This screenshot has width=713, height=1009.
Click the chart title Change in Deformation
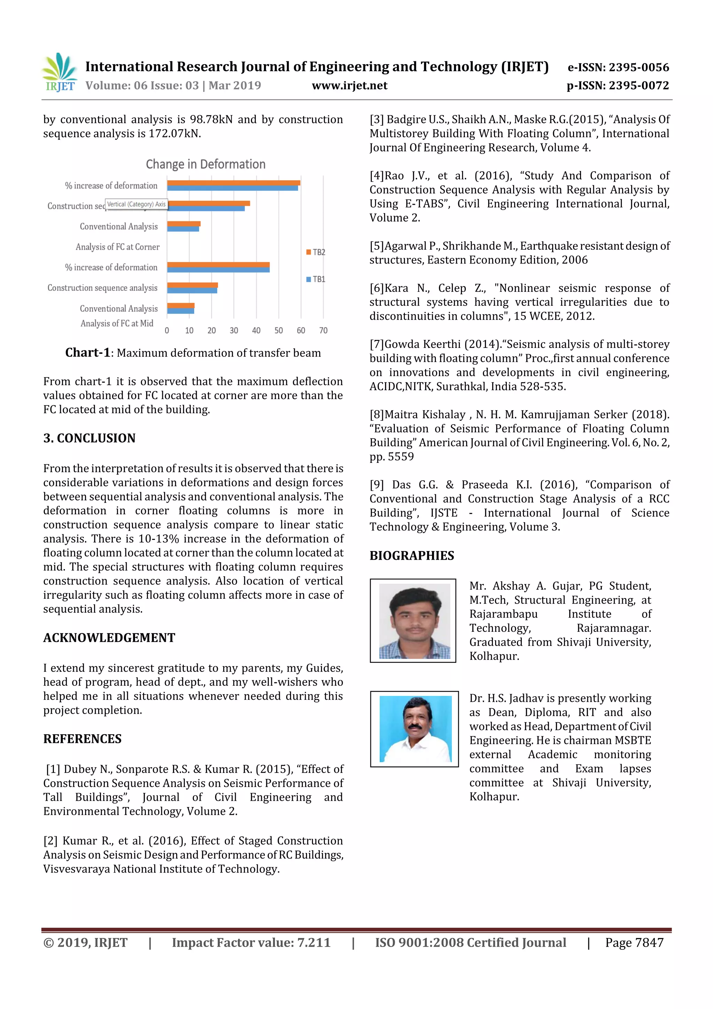pos(206,164)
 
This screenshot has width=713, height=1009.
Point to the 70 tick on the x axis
pos(323,331)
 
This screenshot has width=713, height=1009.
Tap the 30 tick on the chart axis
pos(234,331)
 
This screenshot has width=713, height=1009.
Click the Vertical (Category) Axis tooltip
pos(136,204)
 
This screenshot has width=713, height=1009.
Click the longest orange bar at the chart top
pos(233,183)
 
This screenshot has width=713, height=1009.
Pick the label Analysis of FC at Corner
pos(117,247)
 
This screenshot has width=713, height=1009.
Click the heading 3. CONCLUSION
pos(89,438)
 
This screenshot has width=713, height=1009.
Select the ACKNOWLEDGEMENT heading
pos(109,638)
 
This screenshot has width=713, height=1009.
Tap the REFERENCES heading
pos(82,739)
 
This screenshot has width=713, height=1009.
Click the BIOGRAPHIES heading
pos(412,556)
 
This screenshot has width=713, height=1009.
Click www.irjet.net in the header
pos(349,86)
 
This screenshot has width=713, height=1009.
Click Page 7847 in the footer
pos(634,942)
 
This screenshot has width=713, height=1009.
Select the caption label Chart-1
pos(87,352)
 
